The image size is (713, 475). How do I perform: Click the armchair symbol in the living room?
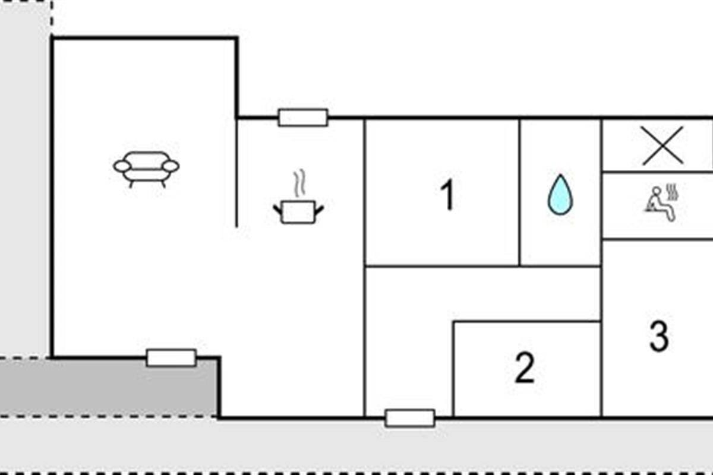(x=146, y=168)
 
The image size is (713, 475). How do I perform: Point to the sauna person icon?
(x=656, y=204)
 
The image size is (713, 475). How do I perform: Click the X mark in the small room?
(x=662, y=145)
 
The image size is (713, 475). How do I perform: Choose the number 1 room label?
(x=447, y=195)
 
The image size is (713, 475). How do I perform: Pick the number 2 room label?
(x=524, y=368)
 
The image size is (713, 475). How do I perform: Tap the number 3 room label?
(x=658, y=336)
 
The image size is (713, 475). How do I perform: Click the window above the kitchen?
(x=303, y=118)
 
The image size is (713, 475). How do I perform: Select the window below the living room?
(x=171, y=358)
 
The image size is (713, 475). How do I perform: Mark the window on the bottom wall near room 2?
(x=410, y=419)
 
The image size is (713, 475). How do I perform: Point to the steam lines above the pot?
(x=300, y=185)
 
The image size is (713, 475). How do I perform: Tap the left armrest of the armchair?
(x=122, y=166)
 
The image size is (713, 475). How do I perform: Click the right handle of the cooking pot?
(x=319, y=210)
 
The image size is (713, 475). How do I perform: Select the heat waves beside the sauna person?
(x=673, y=192)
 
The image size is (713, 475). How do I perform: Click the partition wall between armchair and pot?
(x=236, y=172)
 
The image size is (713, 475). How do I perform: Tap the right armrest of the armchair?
(x=171, y=166)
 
